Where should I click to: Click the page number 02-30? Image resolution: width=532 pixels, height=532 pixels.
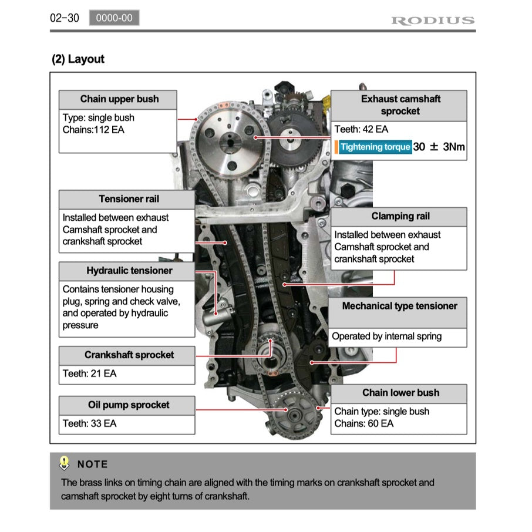pos(65,18)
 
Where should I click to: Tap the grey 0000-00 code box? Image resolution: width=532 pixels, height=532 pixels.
pos(114,18)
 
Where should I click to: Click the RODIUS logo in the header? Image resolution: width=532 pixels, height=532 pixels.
pos(432,21)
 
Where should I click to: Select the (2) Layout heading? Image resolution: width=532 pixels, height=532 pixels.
pos(78,59)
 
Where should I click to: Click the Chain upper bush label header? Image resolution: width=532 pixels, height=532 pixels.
pos(119,99)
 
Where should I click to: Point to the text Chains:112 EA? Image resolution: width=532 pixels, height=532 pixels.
pos(93,130)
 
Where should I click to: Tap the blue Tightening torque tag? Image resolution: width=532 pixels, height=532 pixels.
pos(375,147)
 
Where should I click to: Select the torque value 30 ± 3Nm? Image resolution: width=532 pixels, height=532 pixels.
pos(439,147)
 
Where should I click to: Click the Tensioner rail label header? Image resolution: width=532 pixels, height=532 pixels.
pos(129,199)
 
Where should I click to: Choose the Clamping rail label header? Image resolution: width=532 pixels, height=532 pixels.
pos(400,217)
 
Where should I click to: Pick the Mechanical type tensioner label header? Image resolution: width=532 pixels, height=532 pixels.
pos(399,306)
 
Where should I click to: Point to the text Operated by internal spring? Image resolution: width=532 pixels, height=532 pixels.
pos(386,336)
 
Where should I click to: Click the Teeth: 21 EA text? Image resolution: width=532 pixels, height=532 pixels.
pos(89,373)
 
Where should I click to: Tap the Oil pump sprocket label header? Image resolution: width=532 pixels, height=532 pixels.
pos(129,405)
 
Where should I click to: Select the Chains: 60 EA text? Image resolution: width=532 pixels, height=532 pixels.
pos(363,423)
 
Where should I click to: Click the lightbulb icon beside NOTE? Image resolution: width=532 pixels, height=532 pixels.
pos(65,463)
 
